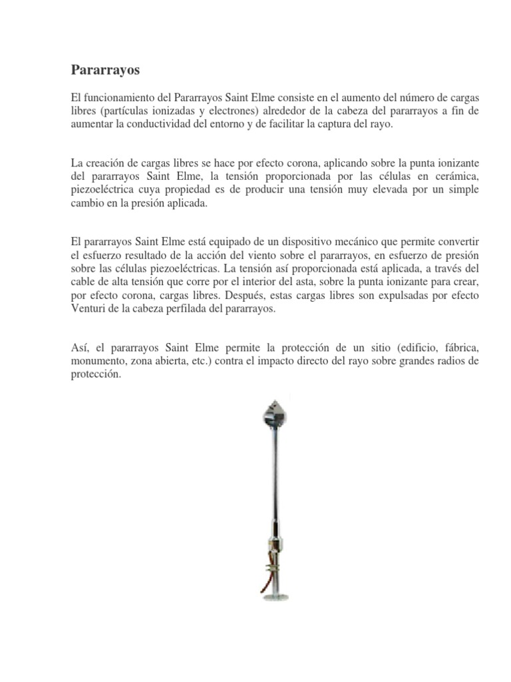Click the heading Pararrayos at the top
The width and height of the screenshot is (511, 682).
pos(106,69)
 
